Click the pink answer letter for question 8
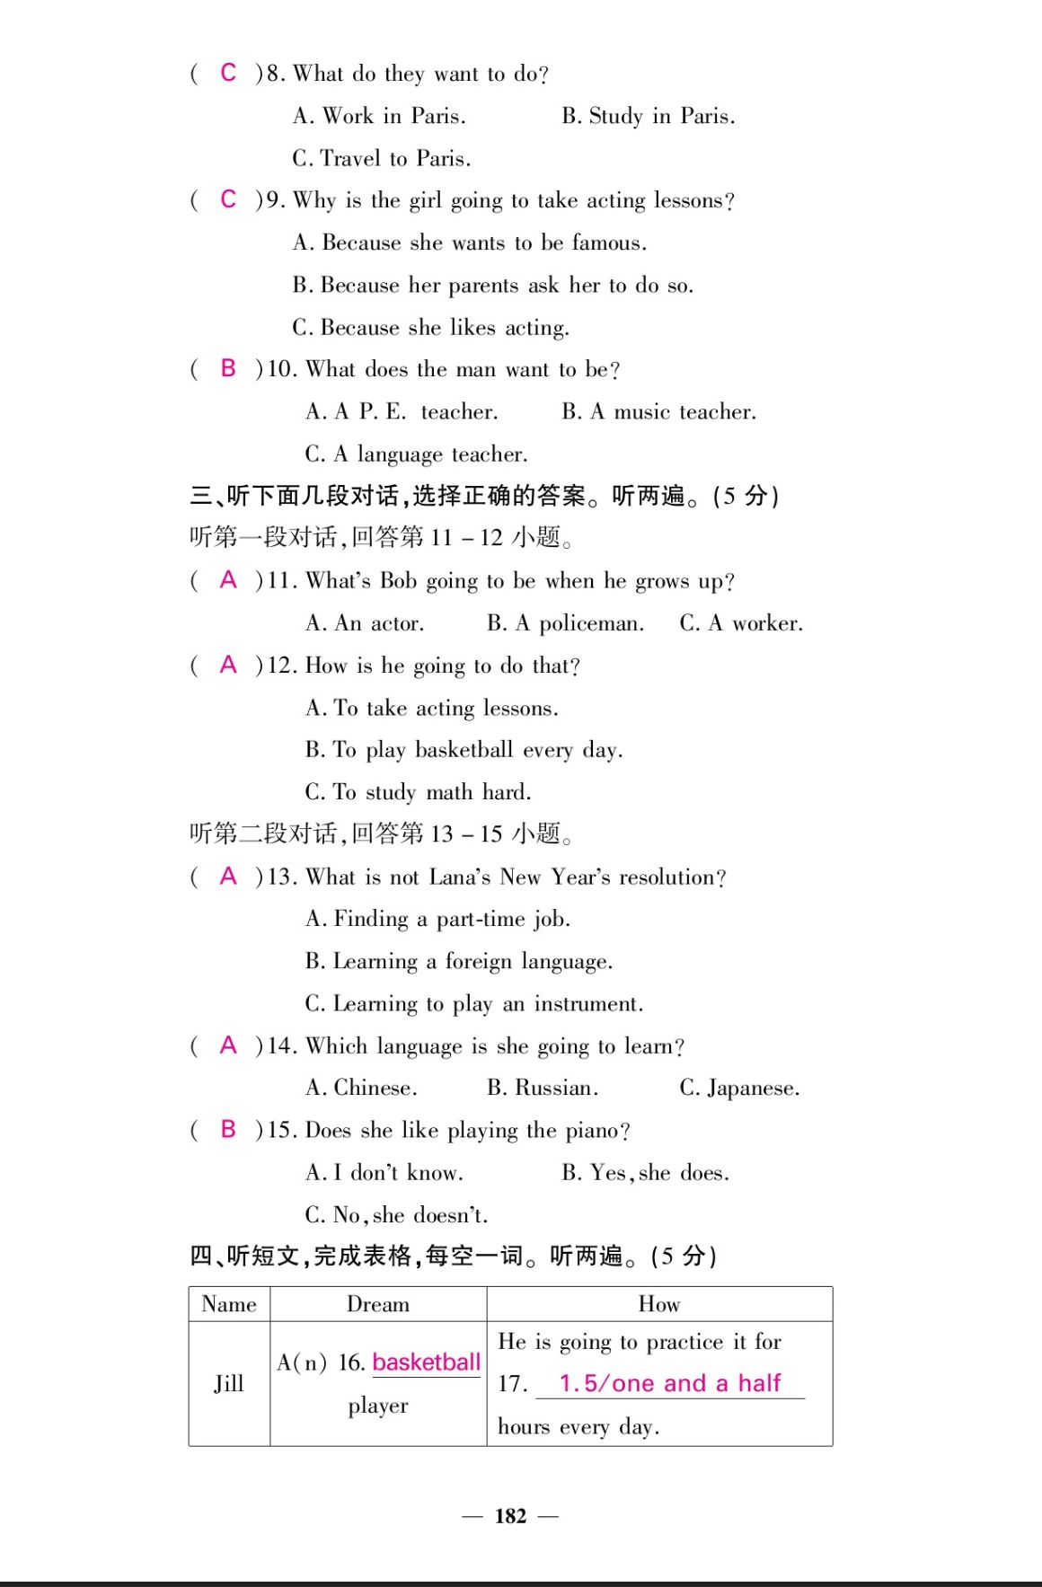pyautogui.click(x=228, y=73)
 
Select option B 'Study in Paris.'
pyautogui.click(x=648, y=116)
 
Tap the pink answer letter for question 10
pyautogui.click(x=228, y=368)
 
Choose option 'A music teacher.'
pyautogui.click(x=658, y=411)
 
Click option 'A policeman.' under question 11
pyautogui.click(x=565, y=623)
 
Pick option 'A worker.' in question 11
pyautogui.click(x=741, y=623)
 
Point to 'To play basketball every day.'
pyautogui.click(x=464, y=750)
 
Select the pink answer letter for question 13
pyautogui.click(x=228, y=876)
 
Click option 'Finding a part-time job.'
pyautogui.click(x=437, y=919)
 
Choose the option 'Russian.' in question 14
pyautogui.click(x=543, y=1088)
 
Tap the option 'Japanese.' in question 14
pyautogui.click(x=739, y=1088)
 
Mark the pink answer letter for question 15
pyautogui.click(x=228, y=1129)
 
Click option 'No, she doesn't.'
pyautogui.click(x=396, y=1215)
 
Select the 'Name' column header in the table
pyautogui.click(x=229, y=1304)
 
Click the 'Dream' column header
pyautogui.click(x=378, y=1304)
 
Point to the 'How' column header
pyautogui.click(x=659, y=1304)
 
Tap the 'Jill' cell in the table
pyautogui.click(x=229, y=1383)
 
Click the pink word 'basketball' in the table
pyautogui.click(x=427, y=1362)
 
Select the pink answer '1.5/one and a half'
pyautogui.click(x=670, y=1383)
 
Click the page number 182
pyautogui.click(x=510, y=1516)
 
